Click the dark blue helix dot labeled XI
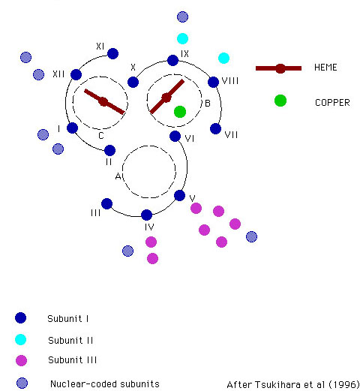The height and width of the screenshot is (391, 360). tap(112, 53)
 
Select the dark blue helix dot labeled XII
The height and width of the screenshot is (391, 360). tap(76, 74)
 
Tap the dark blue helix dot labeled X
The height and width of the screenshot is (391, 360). tap(133, 82)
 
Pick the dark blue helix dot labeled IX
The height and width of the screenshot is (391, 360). tap(172, 60)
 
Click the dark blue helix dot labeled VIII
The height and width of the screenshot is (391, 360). tap(213, 82)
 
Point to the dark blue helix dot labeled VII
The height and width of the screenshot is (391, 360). tap(215, 129)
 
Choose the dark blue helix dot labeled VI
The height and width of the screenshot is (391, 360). tap(175, 137)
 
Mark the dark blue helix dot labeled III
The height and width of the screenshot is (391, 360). tap(106, 203)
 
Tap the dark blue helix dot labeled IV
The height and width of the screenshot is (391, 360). tap(146, 215)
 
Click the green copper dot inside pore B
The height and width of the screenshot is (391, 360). tap(180, 112)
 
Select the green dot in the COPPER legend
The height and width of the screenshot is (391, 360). tap(280, 101)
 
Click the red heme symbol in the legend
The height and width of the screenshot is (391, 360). tap(278, 68)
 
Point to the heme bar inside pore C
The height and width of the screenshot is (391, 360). tap(104, 101)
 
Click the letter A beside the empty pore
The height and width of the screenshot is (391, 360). tap(118, 176)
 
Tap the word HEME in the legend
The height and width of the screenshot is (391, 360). tap(325, 68)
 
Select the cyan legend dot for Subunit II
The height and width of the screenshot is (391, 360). tap(20, 339)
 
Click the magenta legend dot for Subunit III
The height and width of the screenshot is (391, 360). tap(21, 360)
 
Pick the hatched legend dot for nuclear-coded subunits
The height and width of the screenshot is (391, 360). tap(22, 383)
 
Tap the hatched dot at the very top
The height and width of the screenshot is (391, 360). tap(182, 17)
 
